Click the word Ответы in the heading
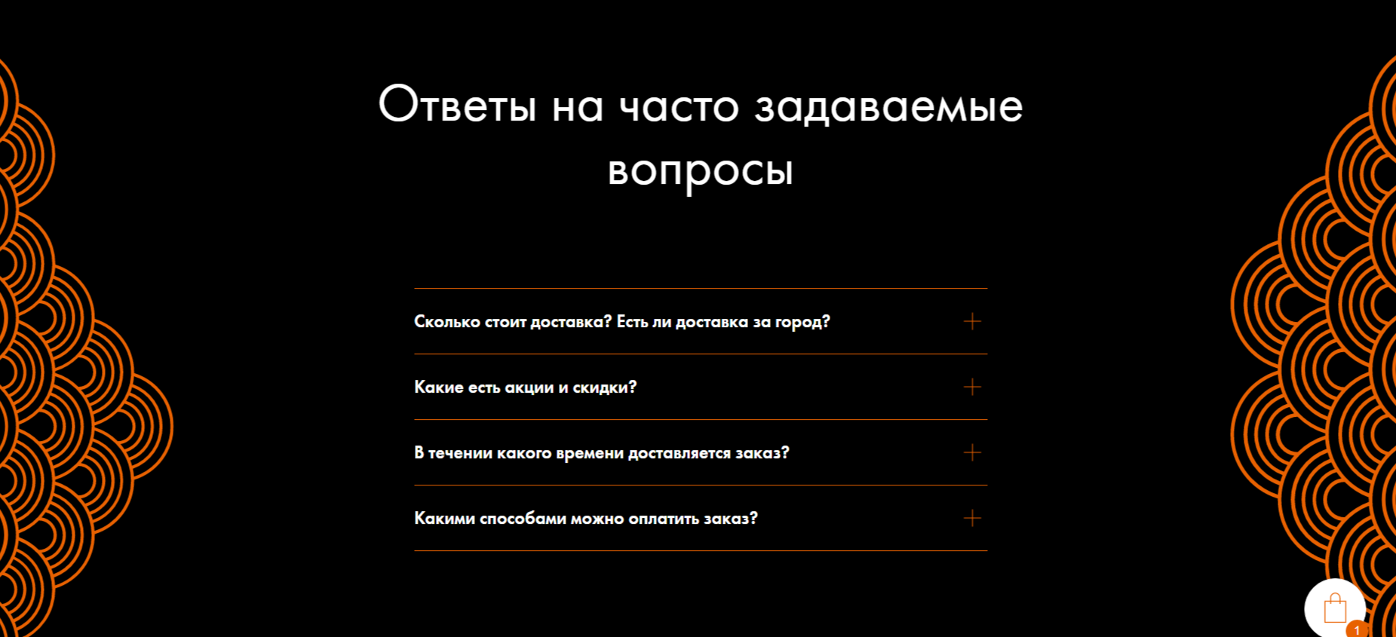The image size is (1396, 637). (x=457, y=105)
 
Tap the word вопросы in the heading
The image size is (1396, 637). (x=700, y=170)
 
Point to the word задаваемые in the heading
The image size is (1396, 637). (x=888, y=105)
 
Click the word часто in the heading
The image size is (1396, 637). (x=678, y=105)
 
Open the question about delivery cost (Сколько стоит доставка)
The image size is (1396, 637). (x=621, y=322)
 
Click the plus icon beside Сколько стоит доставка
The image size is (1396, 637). (x=972, y=322)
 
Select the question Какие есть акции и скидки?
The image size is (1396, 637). (x=525, y=387)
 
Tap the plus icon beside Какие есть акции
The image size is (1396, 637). (x=972, y=387)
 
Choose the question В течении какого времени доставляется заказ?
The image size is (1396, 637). (x=601, y=453)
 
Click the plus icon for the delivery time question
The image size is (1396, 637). (x=972, y=453)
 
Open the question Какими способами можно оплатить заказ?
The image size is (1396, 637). (x=585, y=519)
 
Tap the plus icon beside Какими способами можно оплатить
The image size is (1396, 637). (x=972, y=519)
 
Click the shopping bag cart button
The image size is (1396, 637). (x=1334, y=608)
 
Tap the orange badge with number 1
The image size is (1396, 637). (x=1357, y=629)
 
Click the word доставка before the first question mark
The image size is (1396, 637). (x=571, y=322)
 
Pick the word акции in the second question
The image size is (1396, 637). (x=529, y=387)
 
